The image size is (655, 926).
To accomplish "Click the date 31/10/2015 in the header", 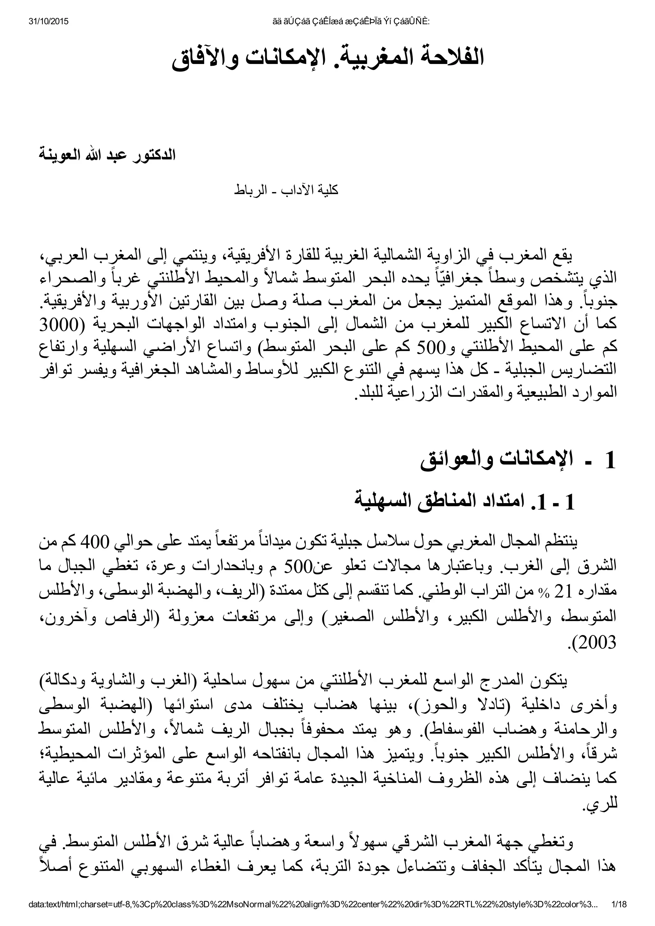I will click(x=48, y=21).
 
